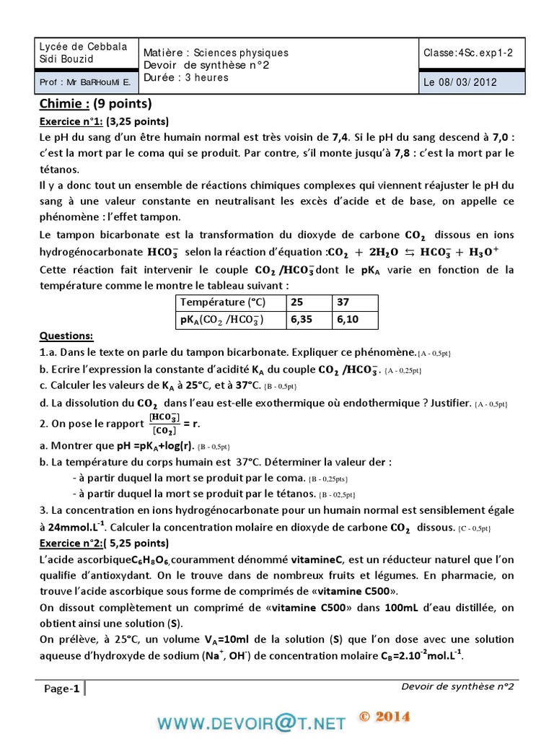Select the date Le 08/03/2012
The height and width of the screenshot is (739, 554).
pos(460,82)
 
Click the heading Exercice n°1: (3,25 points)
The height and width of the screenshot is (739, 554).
pos(104,121)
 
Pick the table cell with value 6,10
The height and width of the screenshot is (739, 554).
pos(346,319)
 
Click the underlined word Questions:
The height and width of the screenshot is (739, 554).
pos(66,336)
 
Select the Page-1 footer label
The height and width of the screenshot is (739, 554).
pos(61,688)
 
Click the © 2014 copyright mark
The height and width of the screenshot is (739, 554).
pos(384,717)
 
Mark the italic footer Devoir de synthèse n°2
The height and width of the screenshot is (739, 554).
pos(457,686)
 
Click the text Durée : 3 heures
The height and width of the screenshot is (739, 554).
pos(186,77)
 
